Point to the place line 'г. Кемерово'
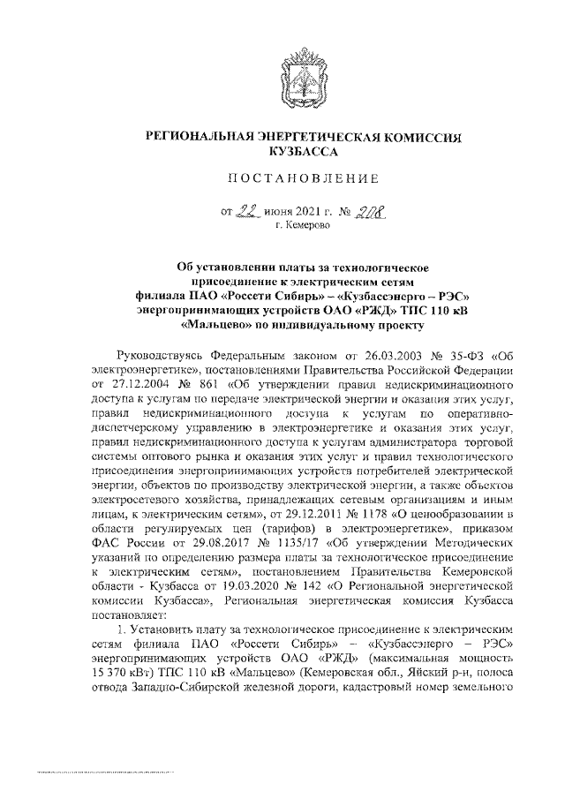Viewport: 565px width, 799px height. pos(303,227)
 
